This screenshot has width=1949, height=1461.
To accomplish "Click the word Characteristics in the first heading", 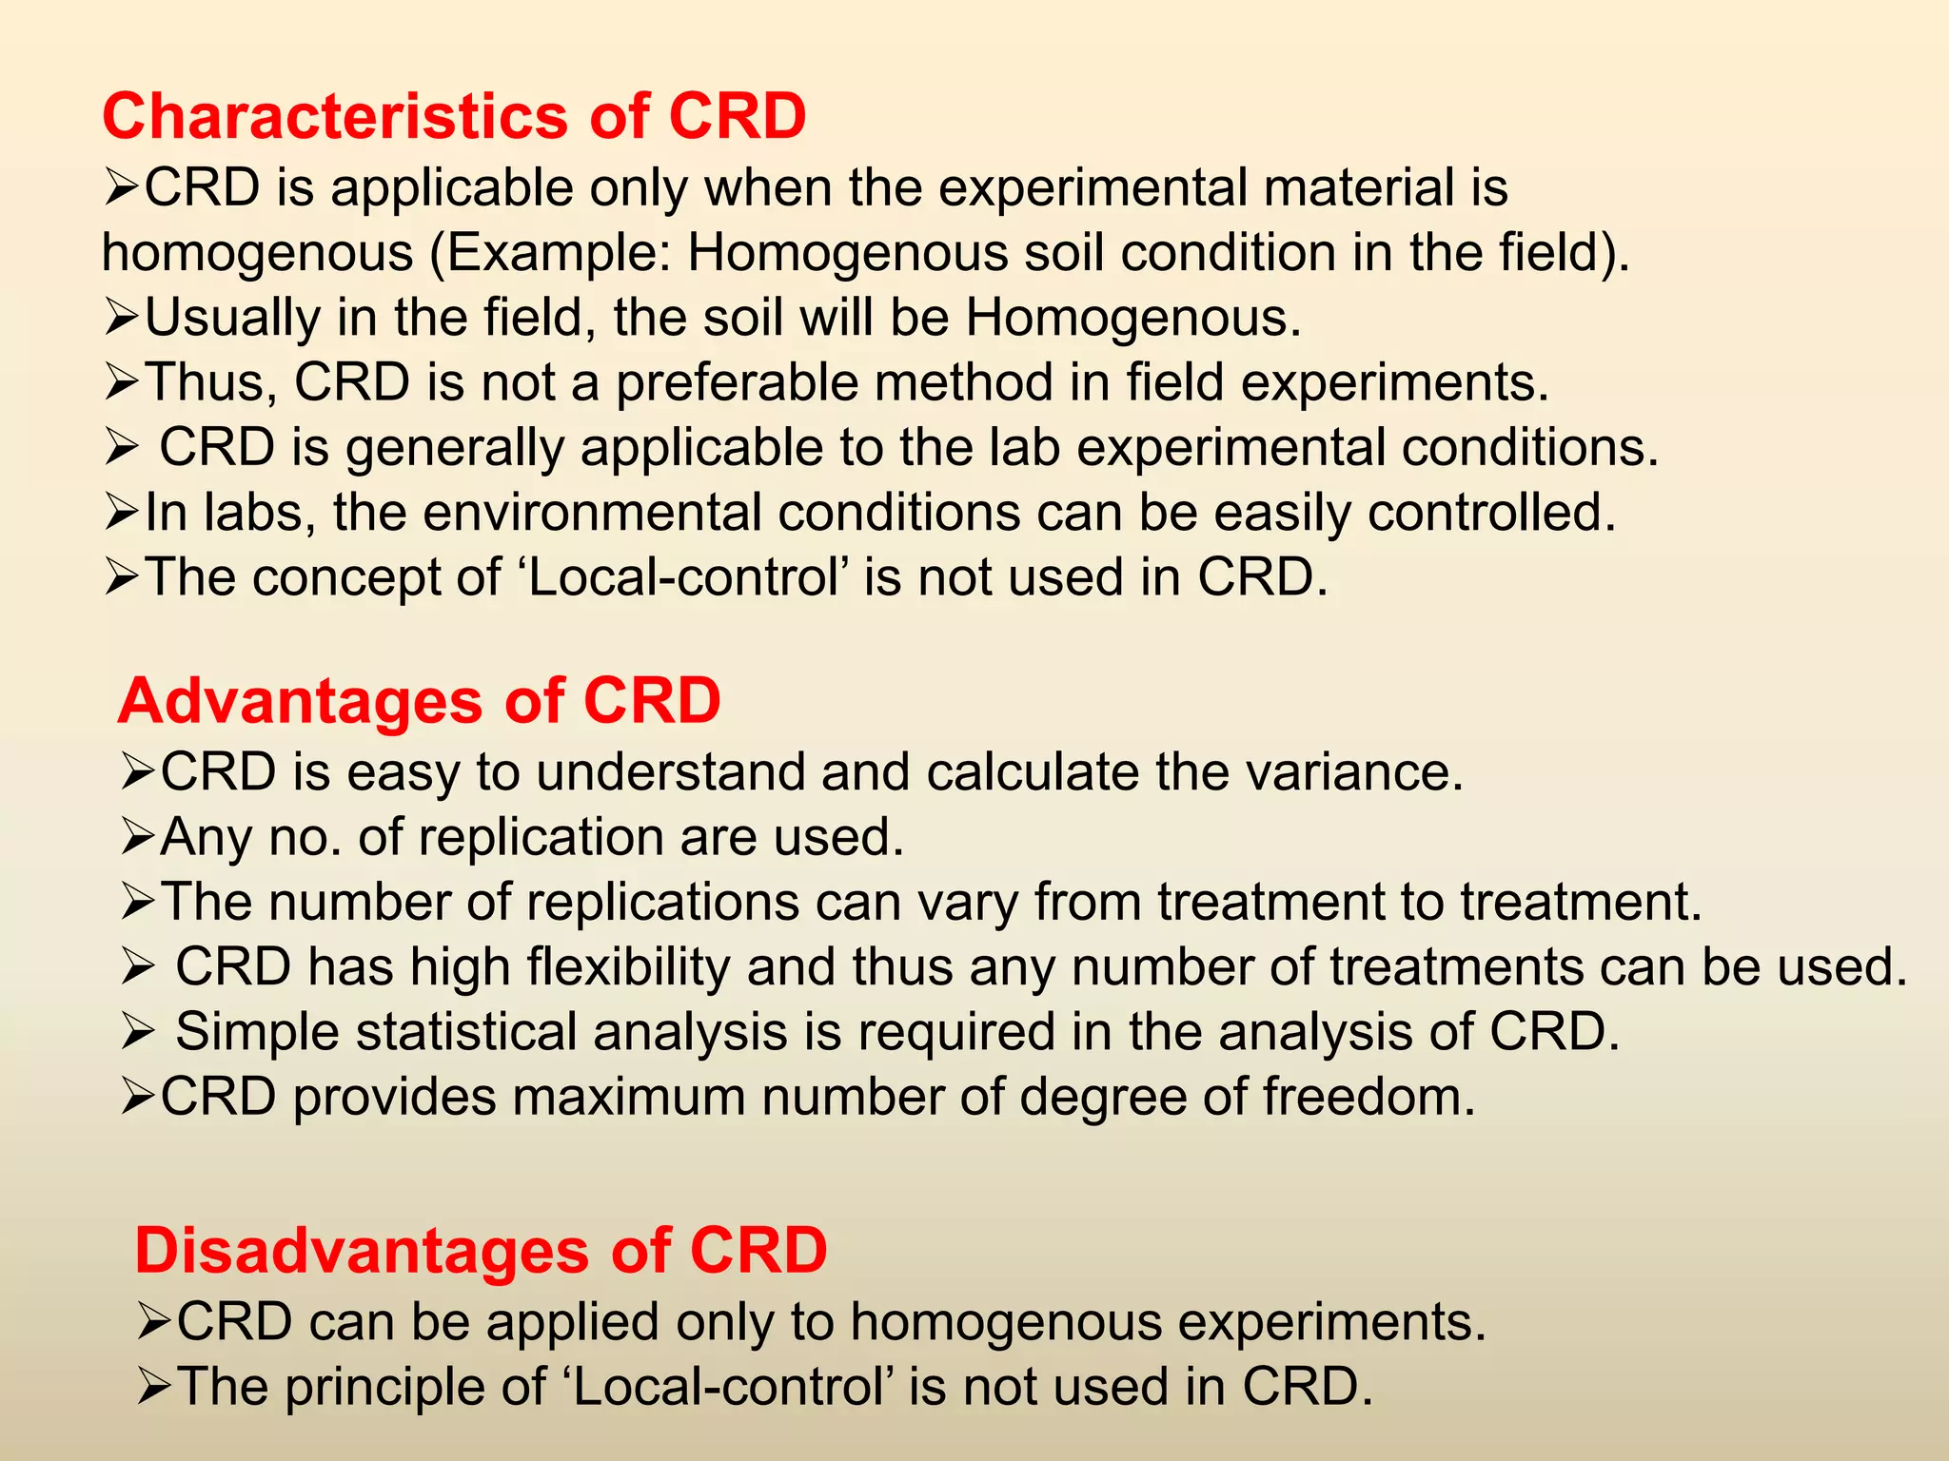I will tap(334, 116).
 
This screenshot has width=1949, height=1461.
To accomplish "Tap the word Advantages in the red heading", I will tap(301, 702).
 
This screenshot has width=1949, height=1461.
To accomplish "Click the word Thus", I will tap(209, 382).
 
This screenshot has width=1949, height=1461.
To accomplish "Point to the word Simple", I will tap(257, 1032).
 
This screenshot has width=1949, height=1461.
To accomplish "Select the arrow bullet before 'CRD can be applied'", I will tap(154, 1323).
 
